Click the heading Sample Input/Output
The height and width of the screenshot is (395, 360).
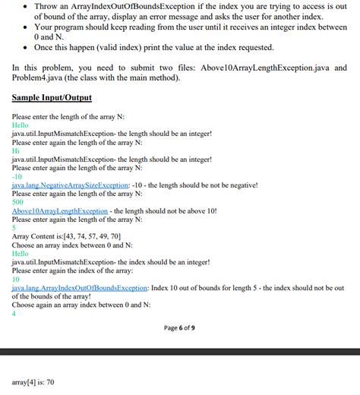click(x=52, y=98)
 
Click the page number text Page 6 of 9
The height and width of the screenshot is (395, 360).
click(x=179, y=327)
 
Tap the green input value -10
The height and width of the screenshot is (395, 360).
click(x=18, y=176)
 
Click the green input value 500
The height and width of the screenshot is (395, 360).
click(x=19, y=202)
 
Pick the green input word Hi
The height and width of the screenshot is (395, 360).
click(x=16, y=150)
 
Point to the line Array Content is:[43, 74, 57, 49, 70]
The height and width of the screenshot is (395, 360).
click(x=67, y=236)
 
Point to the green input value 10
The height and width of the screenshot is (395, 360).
click(x=17, y=280)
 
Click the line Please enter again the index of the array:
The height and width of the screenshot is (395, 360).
click(x=72, y=270)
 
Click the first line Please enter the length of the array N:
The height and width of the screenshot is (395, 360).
click(x=68, y=116)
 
